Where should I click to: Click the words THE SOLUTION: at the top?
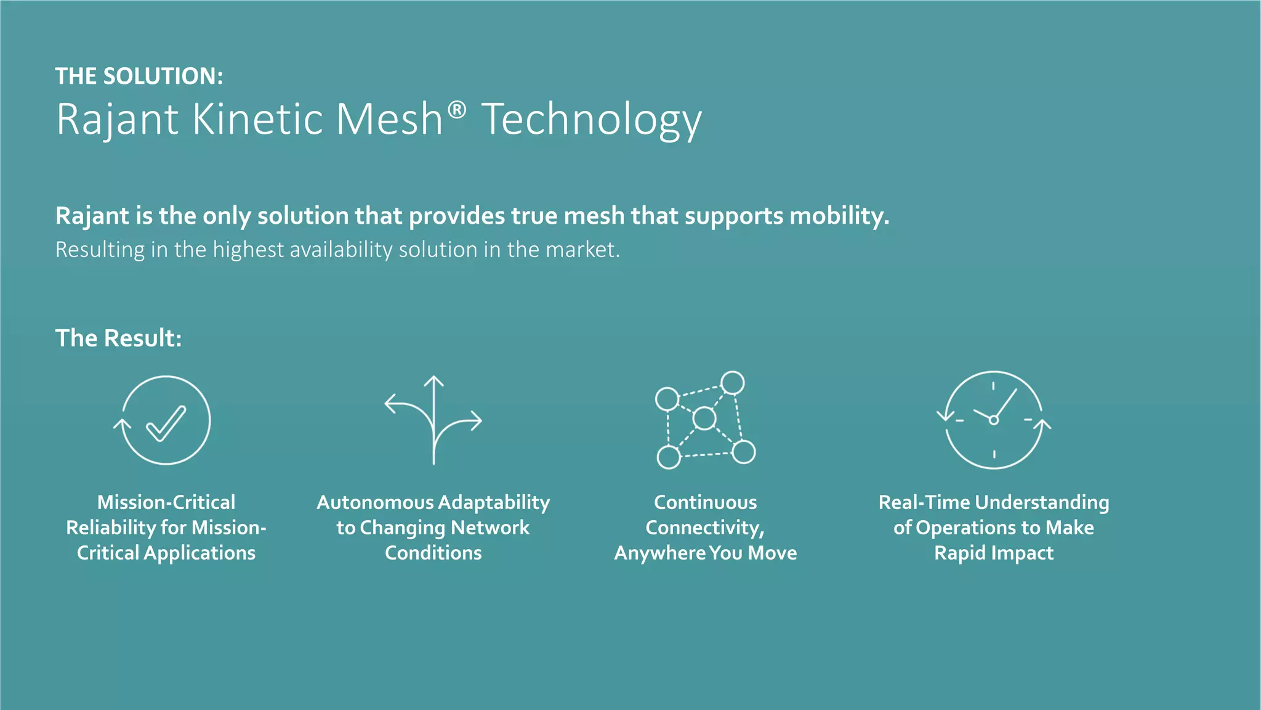139,76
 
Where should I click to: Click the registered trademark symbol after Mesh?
456,111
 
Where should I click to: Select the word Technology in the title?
591,120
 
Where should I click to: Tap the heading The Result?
119,338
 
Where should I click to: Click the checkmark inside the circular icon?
166,423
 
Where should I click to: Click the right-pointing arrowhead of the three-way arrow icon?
475,421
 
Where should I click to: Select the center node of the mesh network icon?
704,418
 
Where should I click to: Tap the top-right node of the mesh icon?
732,383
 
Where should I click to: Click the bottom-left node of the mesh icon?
669,457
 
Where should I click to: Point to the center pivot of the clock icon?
993,420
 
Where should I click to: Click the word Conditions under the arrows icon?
433,553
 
